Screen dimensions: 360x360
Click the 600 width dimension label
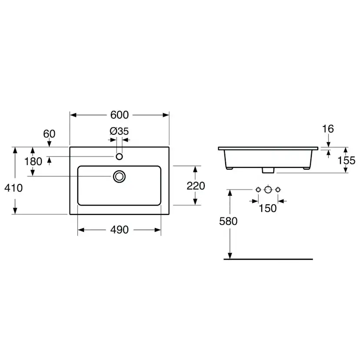click(x=120, y=115)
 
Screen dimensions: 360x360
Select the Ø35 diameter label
click(x=119, y=131)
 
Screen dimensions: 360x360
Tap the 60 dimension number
click(x=49, y=134)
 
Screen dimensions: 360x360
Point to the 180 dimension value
click(x=33, y=161)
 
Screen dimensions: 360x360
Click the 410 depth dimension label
click(x=13, y=188)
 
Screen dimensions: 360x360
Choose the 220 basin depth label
click(x=196, y=186)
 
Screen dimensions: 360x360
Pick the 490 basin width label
click(x=120, y=230)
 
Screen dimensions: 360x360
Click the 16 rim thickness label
click(x=328, y=129)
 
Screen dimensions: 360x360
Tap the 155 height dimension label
click(x=346, y=160)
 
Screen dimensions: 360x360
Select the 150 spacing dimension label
click(x=268, y=208)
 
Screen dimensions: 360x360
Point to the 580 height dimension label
click(x=228, y=221)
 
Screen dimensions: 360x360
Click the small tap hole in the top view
click(x=119, y=157)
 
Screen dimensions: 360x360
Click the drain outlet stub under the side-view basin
click(x=268, y=170)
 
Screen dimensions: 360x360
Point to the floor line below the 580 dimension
click(x=268, y=259)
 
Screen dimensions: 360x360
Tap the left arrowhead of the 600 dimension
click(x=73, y=115)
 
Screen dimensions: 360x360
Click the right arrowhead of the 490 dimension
click(x=158, y=230)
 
